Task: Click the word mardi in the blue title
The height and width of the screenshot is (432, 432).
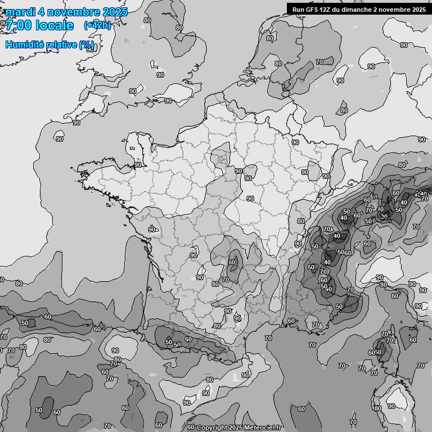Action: click(x=20, y=12)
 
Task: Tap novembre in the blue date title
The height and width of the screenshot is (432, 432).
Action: click(x=77, y=12)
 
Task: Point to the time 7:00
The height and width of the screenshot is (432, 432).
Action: click(x=18, y=25)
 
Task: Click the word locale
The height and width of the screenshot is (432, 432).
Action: click(x=55, y=25)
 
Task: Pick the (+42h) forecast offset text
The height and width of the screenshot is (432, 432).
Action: click(x=97, y=25)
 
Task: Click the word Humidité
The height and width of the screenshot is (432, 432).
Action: click(x=25, y=44)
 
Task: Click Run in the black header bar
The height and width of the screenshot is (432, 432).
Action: click(x=299, y=9)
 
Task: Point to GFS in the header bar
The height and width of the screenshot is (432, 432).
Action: click(x=313, y=9)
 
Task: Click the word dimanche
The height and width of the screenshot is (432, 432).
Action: click(x=361, y=9)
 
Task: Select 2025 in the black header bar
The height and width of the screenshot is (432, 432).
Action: click(x=418, y=9)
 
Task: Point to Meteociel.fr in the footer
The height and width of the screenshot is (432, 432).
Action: click(x=262, y=427)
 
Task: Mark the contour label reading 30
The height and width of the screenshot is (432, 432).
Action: click(x=384, y=216)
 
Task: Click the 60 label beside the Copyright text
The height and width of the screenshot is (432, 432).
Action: click(x=190, y=427)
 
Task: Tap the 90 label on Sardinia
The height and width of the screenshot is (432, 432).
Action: click(x=391, y=406)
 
